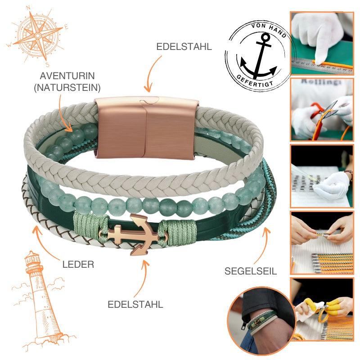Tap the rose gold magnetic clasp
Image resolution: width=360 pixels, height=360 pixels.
coord(146,128)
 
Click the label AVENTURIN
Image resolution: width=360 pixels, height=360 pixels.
coord(67,76)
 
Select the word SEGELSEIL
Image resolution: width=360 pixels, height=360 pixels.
coord(251,271)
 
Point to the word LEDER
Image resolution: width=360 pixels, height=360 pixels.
coord(78,265)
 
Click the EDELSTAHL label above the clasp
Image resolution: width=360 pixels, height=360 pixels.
coord(184,47)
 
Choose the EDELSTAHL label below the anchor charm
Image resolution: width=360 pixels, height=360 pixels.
coord(135,305)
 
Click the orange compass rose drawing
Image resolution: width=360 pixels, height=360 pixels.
coord(38,36)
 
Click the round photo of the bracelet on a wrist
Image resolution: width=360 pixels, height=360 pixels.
coord(261,320)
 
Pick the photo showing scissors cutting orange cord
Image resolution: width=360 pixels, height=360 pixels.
coord(322,109)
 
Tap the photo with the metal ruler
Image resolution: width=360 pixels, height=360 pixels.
coord(322,43)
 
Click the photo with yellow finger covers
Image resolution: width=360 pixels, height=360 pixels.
coord(322,309)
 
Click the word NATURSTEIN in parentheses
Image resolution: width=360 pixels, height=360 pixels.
coord(67,88)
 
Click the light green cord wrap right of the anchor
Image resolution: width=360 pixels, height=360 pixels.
coord(179,233)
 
